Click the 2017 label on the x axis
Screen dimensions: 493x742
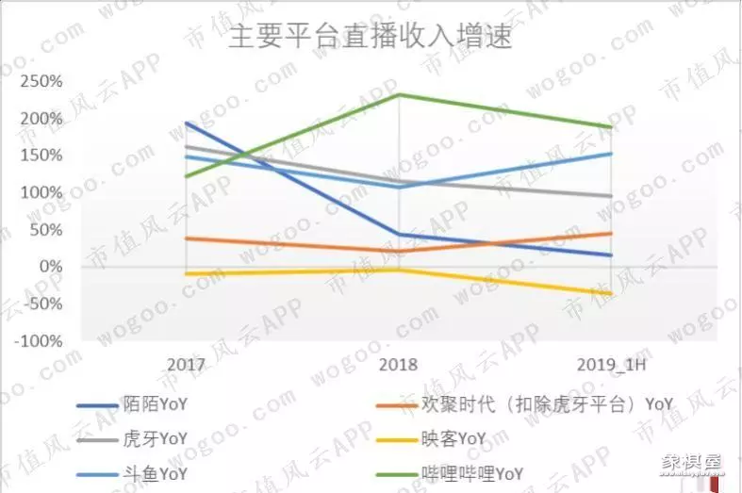coord(187,364)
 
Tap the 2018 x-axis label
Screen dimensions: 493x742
coord(399,364)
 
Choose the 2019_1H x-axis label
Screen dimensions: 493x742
coord(612,364)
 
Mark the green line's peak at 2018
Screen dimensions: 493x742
coord(400,94)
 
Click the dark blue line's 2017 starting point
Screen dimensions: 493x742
coord(187,123)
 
